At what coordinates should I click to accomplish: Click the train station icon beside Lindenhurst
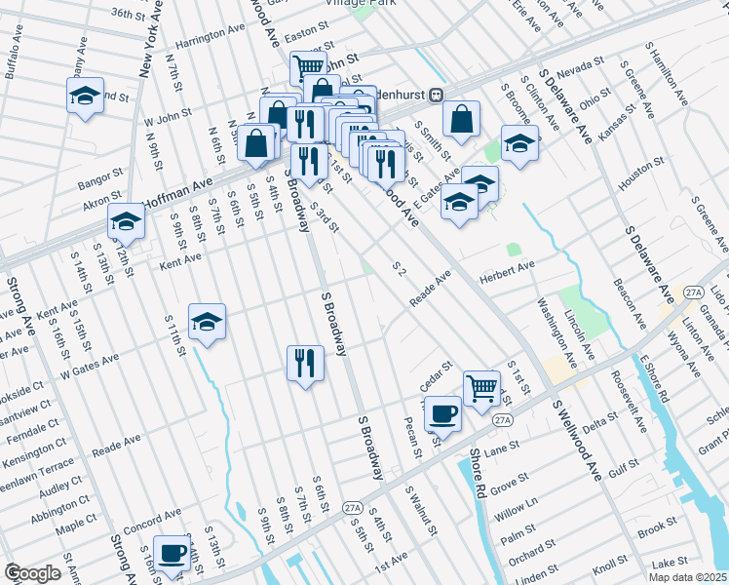438,95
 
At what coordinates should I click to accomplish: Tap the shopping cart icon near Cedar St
481,387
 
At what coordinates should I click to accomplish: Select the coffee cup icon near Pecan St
442,412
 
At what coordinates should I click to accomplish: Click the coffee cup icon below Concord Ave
173,551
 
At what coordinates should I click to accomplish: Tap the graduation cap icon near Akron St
126,222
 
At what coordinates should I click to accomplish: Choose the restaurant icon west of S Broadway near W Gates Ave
305,363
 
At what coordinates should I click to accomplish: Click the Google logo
32,573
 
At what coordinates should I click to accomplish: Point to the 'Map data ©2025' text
687,577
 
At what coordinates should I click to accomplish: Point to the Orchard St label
528,551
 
